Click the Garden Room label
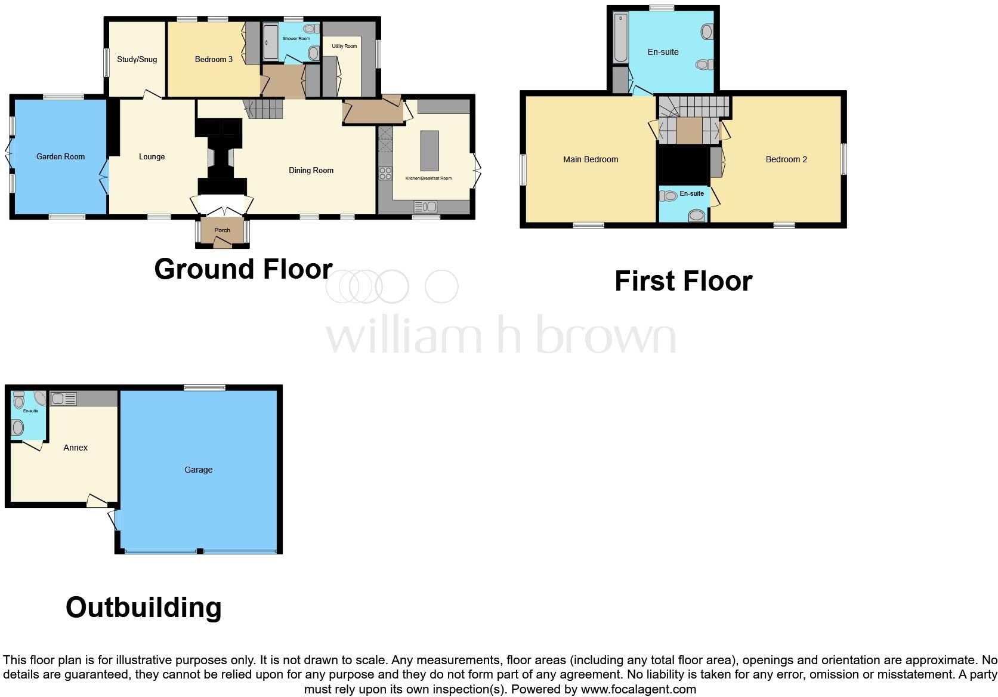pos(60,157)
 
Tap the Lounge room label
pos(152,157)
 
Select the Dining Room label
pos(311,171)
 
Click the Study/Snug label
pos(137,60)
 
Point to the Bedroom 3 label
pos(214,60)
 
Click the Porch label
pos(222,230)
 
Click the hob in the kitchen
pos(385,174)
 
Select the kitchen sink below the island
pos(425,207)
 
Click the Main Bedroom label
pos(591,160)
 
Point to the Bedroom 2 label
pos(786,160)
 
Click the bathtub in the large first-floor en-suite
pos(621,38)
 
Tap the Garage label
pos(199,470)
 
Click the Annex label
pos(76,448)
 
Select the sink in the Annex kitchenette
pos(63,399)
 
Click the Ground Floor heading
pos(243,269)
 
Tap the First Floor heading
pos(683,281)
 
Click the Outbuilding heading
pos(144,608)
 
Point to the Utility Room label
pos(344,46)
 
